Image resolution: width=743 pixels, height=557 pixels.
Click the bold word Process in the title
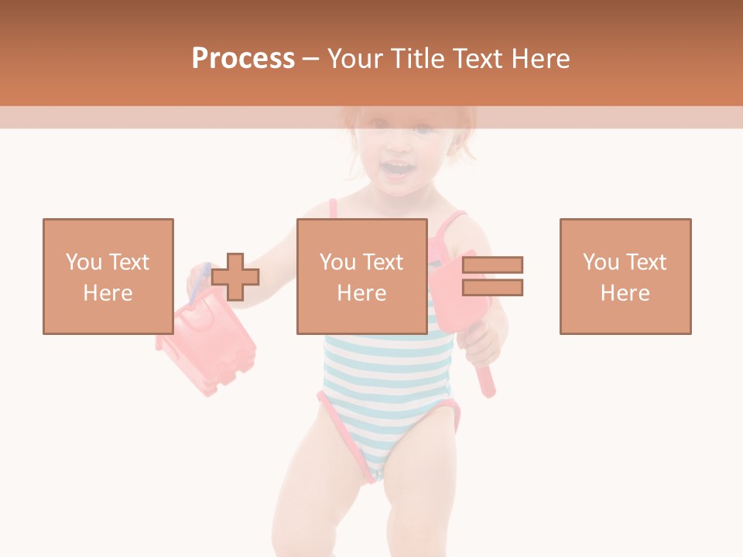pyautogui.click(x=243, y=59)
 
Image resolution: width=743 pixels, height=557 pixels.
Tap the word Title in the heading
pyautogui.click(x=416, y=59)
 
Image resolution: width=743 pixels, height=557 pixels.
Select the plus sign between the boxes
pyautogui.click(x=235, y=277)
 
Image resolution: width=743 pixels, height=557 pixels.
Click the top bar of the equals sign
pyautogui.click(x=492, y=265)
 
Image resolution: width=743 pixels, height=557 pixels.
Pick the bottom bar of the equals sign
pyautogui.click(x=492, y=287)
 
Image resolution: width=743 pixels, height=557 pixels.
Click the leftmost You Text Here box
pyautogui.click(x=108, y=276)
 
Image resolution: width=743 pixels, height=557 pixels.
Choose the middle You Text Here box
pyautogui.click(x=361, y=276)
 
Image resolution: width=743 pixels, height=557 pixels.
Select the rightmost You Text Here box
pyautogui.click(x=625, y=276)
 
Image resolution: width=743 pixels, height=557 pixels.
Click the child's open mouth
pyautogui.click(x=397, y=169)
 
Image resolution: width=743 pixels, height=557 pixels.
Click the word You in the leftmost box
pyautogui.click(x=84, y=262)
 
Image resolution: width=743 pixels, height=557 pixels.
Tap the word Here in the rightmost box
pyautogui.click(x=625, y=293)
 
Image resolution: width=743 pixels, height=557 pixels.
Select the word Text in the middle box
pyautogui.click(x=382, y=262)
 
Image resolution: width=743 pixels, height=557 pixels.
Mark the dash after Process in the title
pyautogui.click(x=310, y=59)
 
